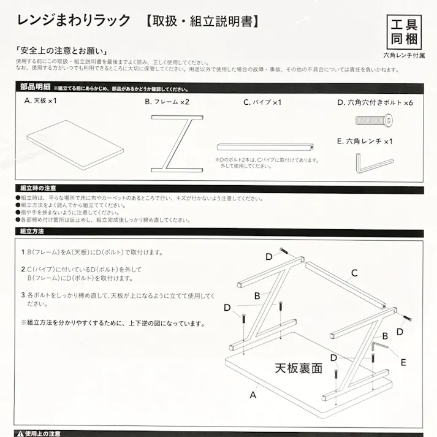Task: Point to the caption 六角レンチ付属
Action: point(404,55)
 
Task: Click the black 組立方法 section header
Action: point(32,232)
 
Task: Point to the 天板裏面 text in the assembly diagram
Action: point(298,368)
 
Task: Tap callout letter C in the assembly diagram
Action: point(354,273)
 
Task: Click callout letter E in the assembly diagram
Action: point(403,362)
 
